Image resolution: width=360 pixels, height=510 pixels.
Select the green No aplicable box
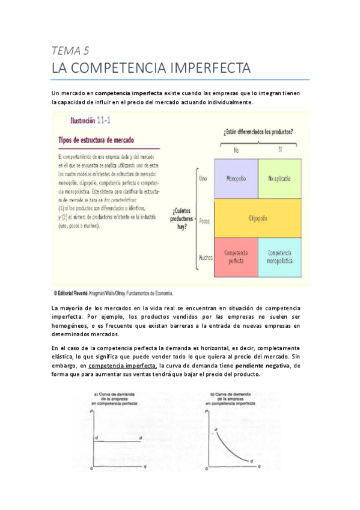pos(279,179)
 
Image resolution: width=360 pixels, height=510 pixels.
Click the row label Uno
pos(203,179)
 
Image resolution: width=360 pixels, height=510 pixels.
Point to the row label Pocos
pos(204,221)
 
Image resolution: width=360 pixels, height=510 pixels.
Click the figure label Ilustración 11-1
pos(90,121)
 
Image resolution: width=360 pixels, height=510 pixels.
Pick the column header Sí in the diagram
pos(279,150)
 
